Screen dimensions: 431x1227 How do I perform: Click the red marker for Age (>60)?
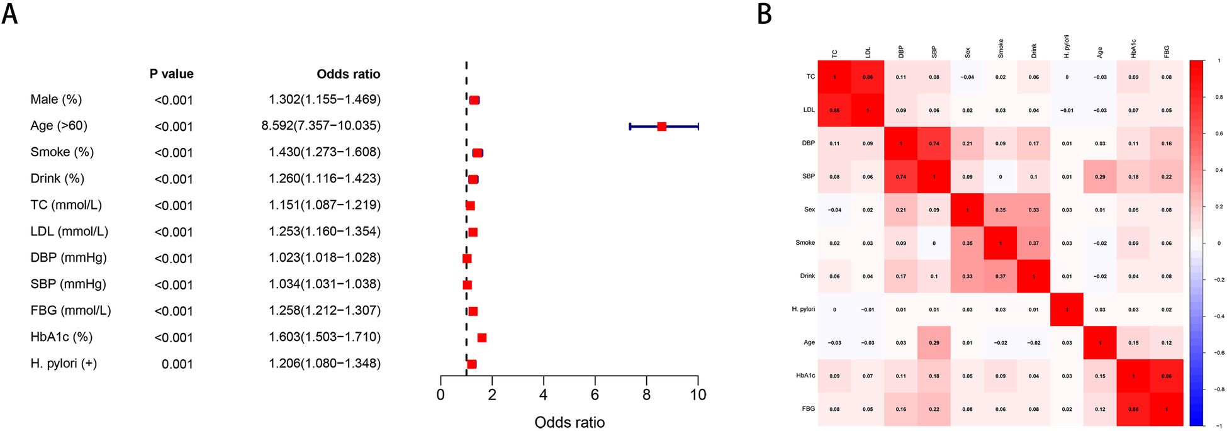[x=661, y=126]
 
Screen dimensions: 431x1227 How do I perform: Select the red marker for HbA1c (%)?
[x=482, y=338]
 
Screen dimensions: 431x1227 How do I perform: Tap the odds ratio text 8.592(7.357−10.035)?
[x=321, y=126]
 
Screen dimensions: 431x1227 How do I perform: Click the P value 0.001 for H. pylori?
[x=177, y=364]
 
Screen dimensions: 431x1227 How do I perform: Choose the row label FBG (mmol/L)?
[x=70, y=311]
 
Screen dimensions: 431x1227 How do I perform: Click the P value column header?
[x=171, y=74]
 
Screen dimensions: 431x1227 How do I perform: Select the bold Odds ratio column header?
[x=348, y=74]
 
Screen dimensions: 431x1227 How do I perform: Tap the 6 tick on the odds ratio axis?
[x=595, y=395]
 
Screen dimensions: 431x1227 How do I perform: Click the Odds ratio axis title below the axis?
[x=569, y=422]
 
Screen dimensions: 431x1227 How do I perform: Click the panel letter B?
[x=765, y=14]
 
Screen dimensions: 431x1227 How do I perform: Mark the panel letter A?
[x=9, y=14]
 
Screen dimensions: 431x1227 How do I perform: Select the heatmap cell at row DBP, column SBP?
[x=934, y=143]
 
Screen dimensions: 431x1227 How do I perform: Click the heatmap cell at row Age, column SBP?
[x=934, y=343]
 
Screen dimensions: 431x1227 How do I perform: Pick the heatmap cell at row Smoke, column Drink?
[x=1034, y=243]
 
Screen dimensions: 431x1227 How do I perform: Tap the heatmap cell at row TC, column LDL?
[x=868, y=77]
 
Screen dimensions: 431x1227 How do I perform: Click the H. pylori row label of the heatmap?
[x=803, y=310]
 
